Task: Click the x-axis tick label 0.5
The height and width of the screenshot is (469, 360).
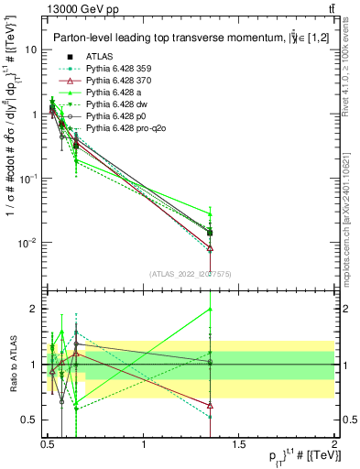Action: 48,445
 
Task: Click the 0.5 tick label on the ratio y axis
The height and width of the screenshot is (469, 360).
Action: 28,420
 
